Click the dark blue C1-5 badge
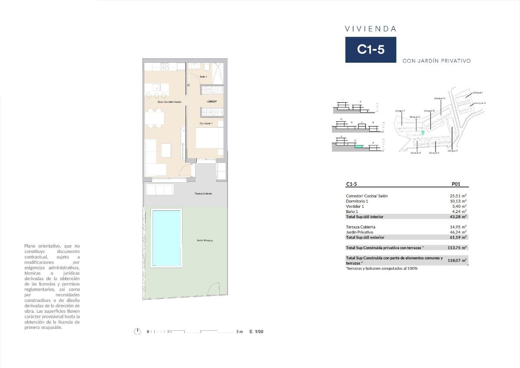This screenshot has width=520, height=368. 370,50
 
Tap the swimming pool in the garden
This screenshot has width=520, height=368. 166,238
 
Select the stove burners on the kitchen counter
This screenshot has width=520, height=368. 164,66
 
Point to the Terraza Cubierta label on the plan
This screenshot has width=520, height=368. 203,194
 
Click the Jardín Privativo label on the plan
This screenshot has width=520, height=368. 204,240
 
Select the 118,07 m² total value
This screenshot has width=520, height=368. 457,261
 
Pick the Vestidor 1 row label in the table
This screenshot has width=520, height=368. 355,206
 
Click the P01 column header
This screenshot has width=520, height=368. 455,184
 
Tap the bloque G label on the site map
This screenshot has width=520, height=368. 440,98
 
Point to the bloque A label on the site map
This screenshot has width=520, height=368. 415,153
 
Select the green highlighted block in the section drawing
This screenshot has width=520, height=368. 358,146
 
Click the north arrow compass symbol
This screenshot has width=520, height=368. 137,332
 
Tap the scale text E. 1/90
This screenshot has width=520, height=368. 256,332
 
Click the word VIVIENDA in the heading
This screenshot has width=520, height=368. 370,29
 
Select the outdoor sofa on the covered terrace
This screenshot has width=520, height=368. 160,190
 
